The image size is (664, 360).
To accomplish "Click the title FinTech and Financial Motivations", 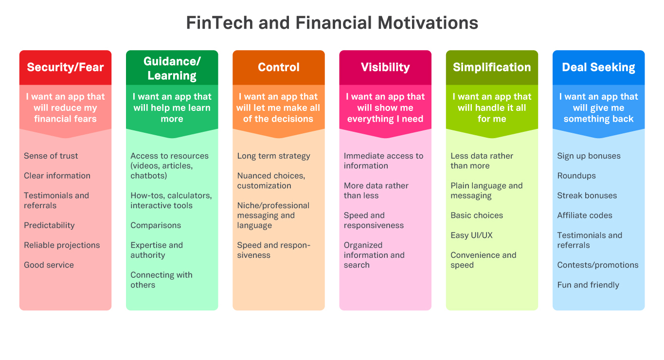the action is (x=332, y=23).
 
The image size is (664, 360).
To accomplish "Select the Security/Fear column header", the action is (x=65, y=67).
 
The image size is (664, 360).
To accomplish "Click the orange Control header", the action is (x=279, y=67).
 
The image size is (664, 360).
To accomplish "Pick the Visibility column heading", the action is (x=385, y=67).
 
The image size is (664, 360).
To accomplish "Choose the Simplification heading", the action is (x=492, y=67).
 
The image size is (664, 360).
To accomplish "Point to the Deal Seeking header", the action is (x=598, y=67).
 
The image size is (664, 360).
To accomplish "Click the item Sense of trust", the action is (x=51, y=156).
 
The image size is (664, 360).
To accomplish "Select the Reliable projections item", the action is (x=62, y=245).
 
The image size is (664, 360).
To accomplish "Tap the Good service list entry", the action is (x=49, y=265).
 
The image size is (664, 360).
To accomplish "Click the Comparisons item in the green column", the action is (x=156, y=225).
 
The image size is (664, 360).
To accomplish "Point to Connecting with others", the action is (x=162, y=280).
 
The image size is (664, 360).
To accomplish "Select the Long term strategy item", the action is (x=273, y=156).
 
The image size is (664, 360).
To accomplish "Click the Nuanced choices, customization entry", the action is (x=271, y=180).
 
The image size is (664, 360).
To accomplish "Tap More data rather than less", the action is (x=376, y=191).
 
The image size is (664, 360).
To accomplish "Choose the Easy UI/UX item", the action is (x=471, y=235).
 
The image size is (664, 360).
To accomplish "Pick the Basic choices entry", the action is (x=477, y=216).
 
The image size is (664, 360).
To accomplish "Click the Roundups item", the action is (x=576, y=176).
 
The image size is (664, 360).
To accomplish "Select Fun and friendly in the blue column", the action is (x=588, y=285).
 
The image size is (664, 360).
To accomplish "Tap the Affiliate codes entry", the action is (x=585, y=216).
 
